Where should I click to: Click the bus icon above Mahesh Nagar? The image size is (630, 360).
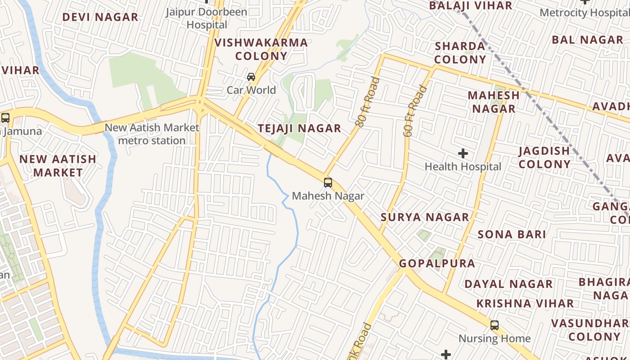[328, 183]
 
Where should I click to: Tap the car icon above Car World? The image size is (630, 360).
[251, 77]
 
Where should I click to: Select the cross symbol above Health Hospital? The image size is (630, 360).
[463, 154]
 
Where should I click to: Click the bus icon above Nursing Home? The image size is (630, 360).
[495, 325]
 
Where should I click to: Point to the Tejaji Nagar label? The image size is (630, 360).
[300, 129]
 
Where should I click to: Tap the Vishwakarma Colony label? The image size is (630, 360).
[261, 49]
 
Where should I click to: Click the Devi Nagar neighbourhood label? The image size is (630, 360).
[100, 18]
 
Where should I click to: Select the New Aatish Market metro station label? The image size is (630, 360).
[152, 134]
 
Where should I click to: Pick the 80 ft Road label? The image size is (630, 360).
[367, 102]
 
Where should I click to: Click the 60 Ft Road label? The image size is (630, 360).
[414, 111]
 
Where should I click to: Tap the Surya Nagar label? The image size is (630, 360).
[425, 217]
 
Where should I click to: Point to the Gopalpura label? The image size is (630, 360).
[437, 264]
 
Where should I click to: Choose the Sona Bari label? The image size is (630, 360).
[512, 234]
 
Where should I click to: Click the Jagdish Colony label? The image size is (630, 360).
[544, 157]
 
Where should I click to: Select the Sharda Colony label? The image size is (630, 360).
[460, 53]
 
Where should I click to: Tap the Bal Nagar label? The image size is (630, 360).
[587, 40]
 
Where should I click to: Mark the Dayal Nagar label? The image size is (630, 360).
[508, 284]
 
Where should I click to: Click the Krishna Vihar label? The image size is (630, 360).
[525, 304]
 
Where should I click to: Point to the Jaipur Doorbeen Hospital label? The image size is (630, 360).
[207, 18]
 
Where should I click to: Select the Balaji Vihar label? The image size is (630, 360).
[471, 6]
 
